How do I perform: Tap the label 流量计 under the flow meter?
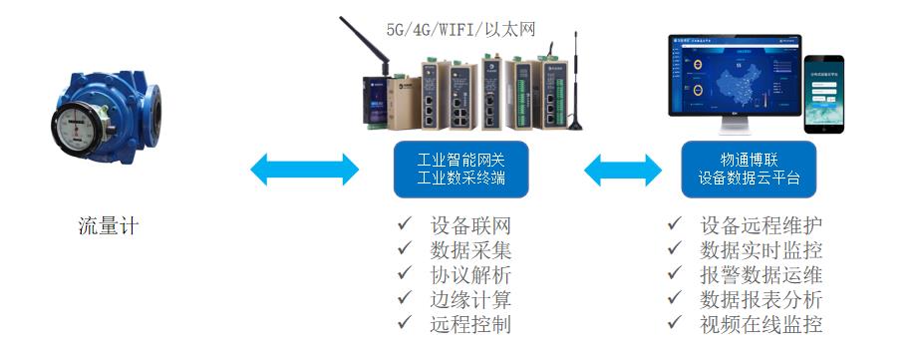click(109, 226)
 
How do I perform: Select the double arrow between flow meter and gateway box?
click(304, 170)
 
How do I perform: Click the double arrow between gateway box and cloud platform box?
click(623, 170)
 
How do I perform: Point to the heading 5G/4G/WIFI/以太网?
click(461, 29)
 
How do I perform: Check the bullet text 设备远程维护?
click(761, 224)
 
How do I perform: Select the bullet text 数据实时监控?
click(761, 249)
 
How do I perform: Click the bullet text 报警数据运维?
click(761, 274)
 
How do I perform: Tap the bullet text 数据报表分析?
click(761, 299)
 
